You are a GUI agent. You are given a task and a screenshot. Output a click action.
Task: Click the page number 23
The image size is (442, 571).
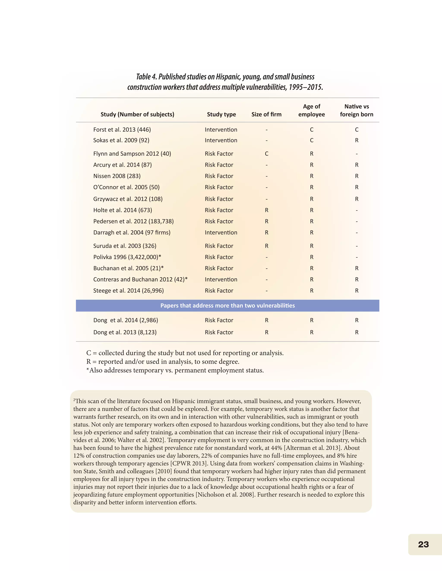coord(423,544)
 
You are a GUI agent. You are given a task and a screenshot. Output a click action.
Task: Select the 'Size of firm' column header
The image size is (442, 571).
coord(266,114)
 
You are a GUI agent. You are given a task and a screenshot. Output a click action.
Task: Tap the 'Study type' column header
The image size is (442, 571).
coord(221,114)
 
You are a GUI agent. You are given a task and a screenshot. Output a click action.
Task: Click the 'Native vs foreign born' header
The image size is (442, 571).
coord(356,110)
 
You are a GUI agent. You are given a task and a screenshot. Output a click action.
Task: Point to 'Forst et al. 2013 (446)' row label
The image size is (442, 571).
coord(122,130)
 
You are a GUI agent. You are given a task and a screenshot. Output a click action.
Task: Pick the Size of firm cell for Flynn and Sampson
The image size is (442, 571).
coord(267,154)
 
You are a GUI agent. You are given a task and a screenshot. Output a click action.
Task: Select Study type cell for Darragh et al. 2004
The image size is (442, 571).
coord(221,232)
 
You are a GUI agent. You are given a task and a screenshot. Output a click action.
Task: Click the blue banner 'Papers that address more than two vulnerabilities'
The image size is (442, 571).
coord(227,306)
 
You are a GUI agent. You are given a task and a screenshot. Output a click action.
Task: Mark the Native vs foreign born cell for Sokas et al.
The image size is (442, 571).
coord(356,140)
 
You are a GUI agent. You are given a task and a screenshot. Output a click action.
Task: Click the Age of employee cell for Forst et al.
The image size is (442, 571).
coord(312,130)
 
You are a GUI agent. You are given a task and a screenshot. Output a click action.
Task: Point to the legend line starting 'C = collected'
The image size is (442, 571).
coord(185,353)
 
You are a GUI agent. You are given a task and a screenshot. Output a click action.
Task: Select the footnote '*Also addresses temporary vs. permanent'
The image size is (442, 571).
coord(175,370)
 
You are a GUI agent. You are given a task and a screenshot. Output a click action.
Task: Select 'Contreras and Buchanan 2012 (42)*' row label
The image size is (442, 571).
coord(140,279)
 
